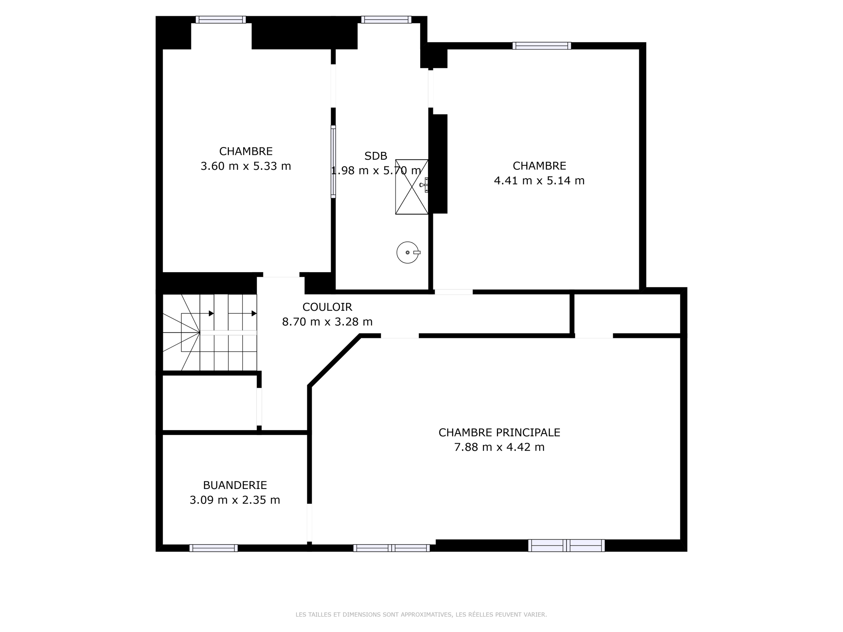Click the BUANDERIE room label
(235, 485)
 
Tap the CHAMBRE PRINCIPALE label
(499, 432)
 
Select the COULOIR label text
(327, 307)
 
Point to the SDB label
(376, 156)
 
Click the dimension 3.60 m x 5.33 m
(246, 166)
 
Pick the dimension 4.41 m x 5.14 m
(539, 181)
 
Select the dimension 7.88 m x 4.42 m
(499, 447)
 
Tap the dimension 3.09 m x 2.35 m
(235, 500)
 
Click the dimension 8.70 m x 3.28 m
(327, 322)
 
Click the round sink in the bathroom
(408, 252)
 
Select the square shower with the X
(412, 187)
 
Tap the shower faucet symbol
(424, 185)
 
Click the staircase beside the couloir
(210, 332)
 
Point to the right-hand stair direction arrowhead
(255, 313)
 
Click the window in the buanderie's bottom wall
(213, 548)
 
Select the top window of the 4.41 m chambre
(542, 46)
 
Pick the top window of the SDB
(386, 19)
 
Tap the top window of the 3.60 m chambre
(221, 19)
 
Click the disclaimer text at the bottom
(421, 614)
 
